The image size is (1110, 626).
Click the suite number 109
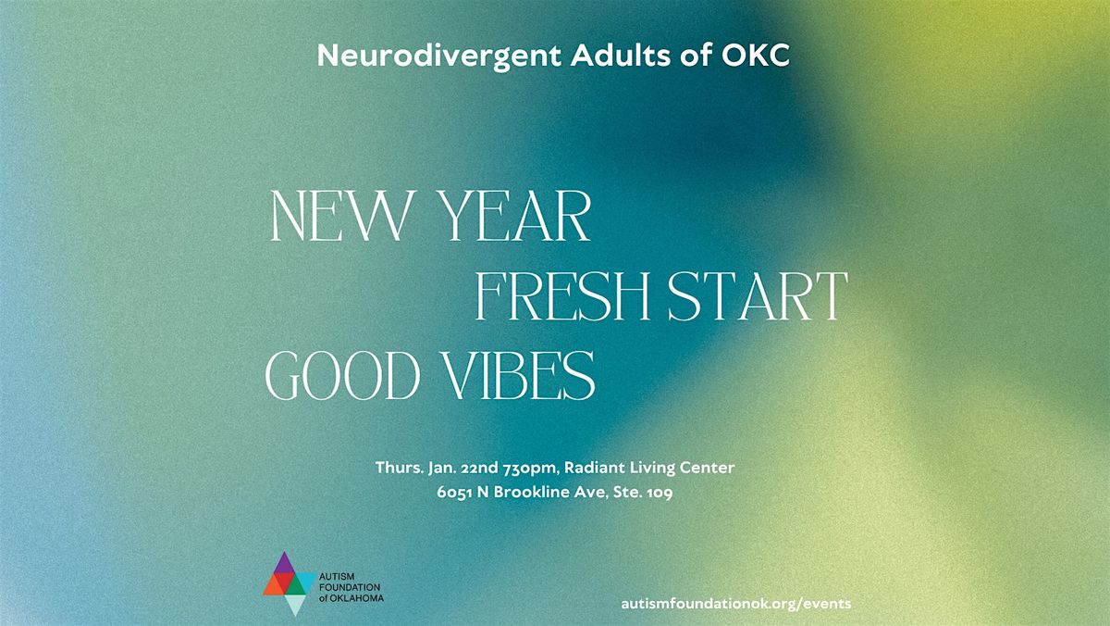pyautogui.click(x=660, y=493)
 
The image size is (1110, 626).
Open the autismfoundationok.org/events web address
pyautogui.click(x=737, y=603)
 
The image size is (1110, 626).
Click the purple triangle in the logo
pyautogui.click(x=285, y=563)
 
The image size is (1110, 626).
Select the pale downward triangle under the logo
pyautogui.click(x=294, y=605)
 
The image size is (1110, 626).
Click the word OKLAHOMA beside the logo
pyautogui.click(x=358, y=598)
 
